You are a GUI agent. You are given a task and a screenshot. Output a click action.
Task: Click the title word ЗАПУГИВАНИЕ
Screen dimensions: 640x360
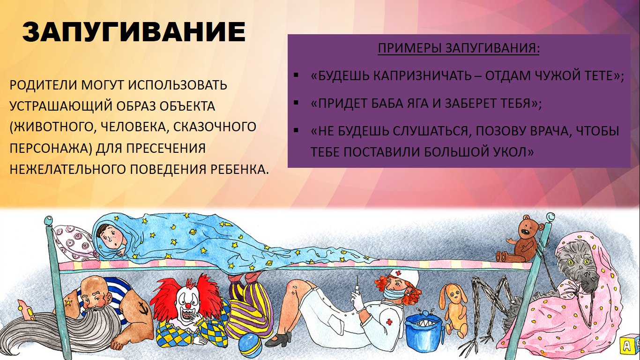point(134,32)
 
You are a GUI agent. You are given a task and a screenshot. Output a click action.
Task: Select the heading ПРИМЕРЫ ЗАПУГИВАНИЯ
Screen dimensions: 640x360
point(459,48)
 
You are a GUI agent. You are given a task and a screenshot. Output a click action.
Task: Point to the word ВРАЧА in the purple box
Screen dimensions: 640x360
point(547,131)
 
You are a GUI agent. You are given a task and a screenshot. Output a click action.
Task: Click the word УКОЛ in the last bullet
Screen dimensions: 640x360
point(513,152)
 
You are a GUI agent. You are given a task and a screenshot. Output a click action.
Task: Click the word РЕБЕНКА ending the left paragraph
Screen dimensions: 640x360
point(240,169)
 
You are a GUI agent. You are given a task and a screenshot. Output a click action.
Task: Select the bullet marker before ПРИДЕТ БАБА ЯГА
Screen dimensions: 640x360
point(296,103)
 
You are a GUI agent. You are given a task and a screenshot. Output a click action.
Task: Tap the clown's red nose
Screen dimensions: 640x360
point(187,306)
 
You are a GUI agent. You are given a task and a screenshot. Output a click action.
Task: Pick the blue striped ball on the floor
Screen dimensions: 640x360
point(250,345)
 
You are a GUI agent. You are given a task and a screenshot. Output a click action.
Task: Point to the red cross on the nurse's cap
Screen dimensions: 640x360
point(398,273)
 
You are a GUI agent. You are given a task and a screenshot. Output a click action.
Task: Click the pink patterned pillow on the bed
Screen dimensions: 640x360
point(74,243)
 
